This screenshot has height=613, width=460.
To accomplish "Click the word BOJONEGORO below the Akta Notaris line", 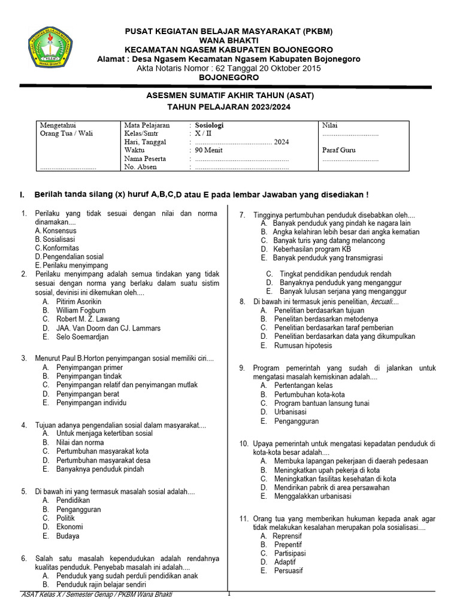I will (x=229, y=77).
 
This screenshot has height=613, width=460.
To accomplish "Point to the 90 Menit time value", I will (x=208, y=150).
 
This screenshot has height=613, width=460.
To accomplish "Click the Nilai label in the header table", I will (x=330, y=126).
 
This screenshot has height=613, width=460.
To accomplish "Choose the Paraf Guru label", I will (x=338, y=150).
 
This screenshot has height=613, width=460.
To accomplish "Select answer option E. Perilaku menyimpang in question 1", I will (x=71, y=265).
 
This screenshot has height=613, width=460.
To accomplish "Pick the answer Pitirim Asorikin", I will (x=78, y=302).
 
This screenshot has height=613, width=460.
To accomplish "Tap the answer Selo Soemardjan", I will (x=83, y=337).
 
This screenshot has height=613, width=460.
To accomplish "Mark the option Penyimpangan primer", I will (x=89, y=368).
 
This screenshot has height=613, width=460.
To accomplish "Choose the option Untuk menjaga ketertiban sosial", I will (x=104, y=433).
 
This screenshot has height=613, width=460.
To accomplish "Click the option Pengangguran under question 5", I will (x=78, y=509).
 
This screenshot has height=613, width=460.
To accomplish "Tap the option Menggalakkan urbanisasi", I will (x=312, y=496).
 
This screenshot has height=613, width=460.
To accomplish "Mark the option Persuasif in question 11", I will (x=289, y=571).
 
